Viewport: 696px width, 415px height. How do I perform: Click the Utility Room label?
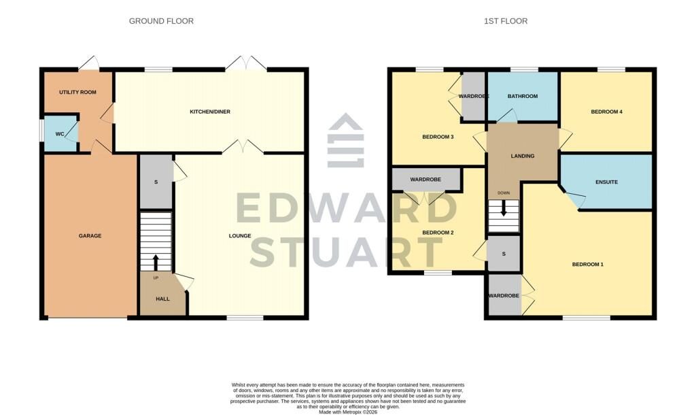tap(77, 93)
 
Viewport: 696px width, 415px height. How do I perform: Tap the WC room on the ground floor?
tap(60, 134)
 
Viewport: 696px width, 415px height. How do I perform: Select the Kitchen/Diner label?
tap(210, 112)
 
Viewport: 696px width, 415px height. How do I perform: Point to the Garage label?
tap(90, 236)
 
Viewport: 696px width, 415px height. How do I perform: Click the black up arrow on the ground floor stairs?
tap(156, 262)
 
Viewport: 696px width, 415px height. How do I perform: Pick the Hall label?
tap(163, 299)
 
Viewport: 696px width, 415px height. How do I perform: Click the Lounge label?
tap(240, 236)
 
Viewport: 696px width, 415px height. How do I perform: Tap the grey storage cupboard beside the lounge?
tap(156, 182)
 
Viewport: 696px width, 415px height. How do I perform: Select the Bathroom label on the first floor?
tap(523, 97)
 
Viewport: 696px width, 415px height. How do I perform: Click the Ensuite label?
tap(607, 182)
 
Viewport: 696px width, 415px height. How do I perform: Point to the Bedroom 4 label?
tap(607, 112)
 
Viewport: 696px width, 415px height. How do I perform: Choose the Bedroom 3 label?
tap(438, 137)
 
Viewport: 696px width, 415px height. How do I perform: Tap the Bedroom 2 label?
tap(438, 233)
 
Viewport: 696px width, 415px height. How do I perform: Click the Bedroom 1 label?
tap(588, 265)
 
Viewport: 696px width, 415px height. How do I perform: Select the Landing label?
tap(523, 156)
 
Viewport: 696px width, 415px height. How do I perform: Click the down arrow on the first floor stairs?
tap(504, 208)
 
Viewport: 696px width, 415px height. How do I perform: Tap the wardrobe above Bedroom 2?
tap(425, 180)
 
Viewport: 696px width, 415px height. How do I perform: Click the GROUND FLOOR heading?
tap(161, 21)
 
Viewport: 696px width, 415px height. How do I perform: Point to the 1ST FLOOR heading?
tap(506, 21)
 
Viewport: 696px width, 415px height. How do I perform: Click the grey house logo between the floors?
tap(346, 140)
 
